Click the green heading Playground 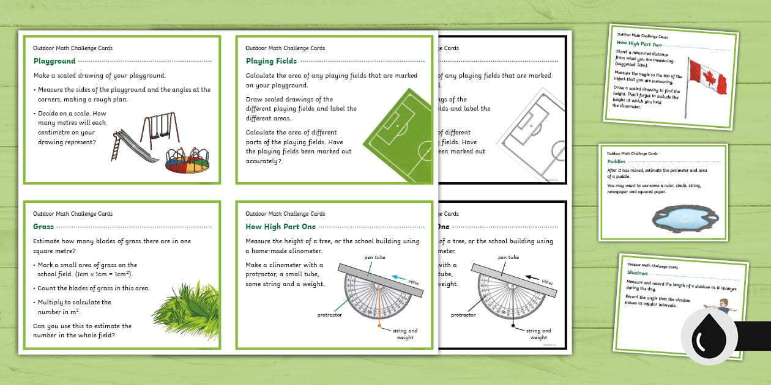(54, 61)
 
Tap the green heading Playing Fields (271, 61)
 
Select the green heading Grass (43, 227)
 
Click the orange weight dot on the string (379, 326)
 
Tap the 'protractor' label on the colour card (329, 315)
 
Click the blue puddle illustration (686, 216)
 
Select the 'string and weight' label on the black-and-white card (538, 334)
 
